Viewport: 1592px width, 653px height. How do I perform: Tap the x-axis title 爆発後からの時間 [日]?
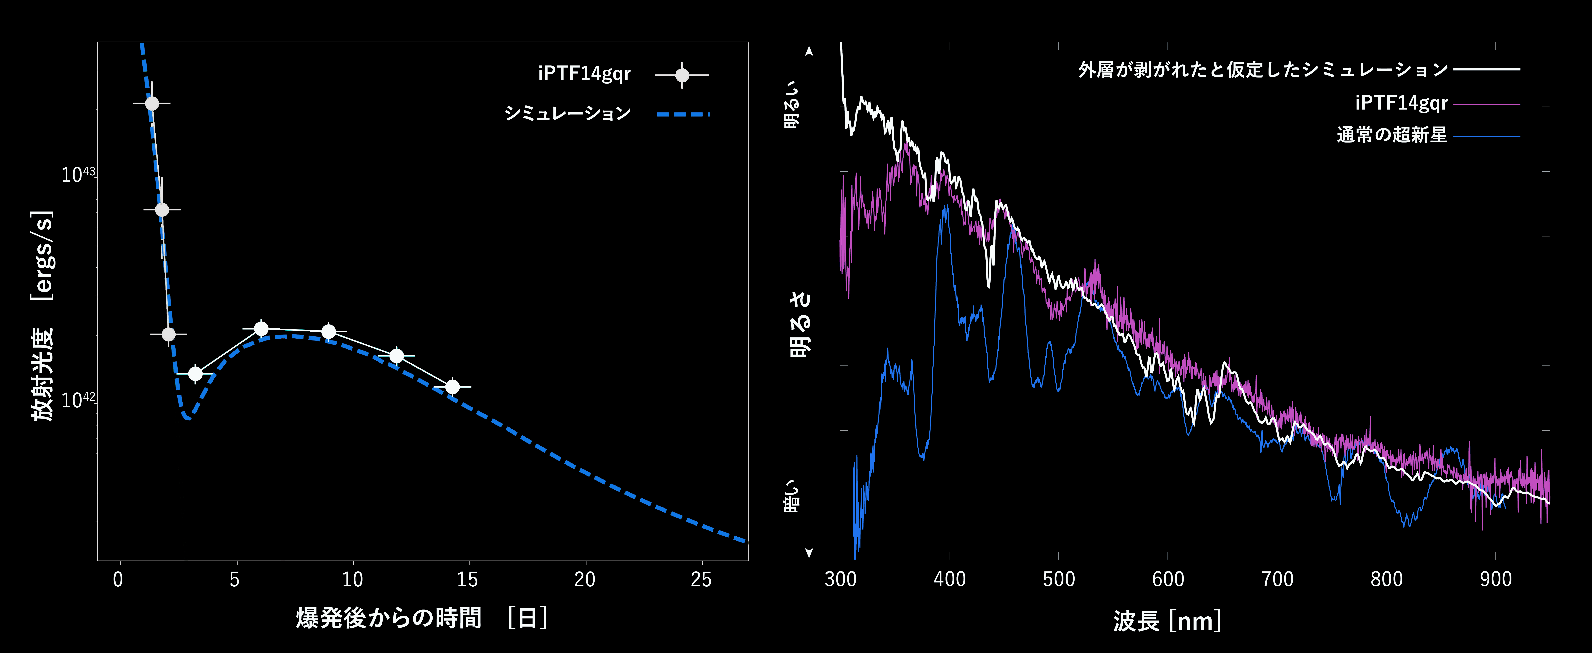click(422, 618)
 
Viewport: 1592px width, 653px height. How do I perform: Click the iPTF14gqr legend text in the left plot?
click(584, 74)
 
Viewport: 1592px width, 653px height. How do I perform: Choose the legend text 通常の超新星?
click(1392, 135)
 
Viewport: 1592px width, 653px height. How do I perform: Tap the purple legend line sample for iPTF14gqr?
click(1486, 104)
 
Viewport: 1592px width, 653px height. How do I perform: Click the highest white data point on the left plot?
click(152, 103)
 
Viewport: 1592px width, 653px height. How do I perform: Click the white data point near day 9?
click(329, 331)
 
